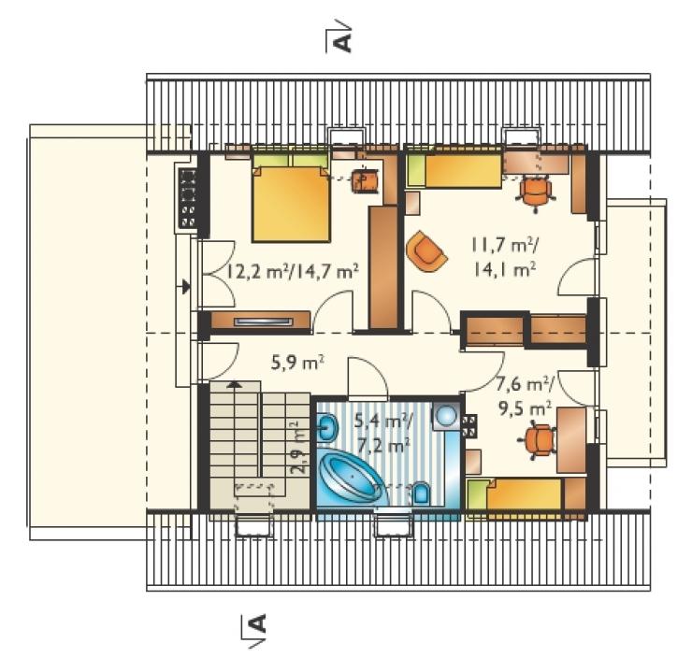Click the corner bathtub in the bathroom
coord(352,479)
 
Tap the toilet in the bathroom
coord(422,493)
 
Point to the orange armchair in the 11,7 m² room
coord(425,251)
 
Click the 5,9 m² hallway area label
coord(297,363)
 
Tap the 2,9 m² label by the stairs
coord(299,448)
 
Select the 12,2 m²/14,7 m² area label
coord(291,271)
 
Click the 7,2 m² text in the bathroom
coord(383,447)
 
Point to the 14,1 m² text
coord(505,268)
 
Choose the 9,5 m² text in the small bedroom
coord(526,408)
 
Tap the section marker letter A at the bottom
coord(258,623)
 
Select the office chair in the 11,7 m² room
coord(535,193)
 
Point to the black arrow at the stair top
coord(236,384)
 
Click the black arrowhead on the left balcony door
coord(186,287)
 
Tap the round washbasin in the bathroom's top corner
coord(445,415)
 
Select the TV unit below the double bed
coord(260,321)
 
